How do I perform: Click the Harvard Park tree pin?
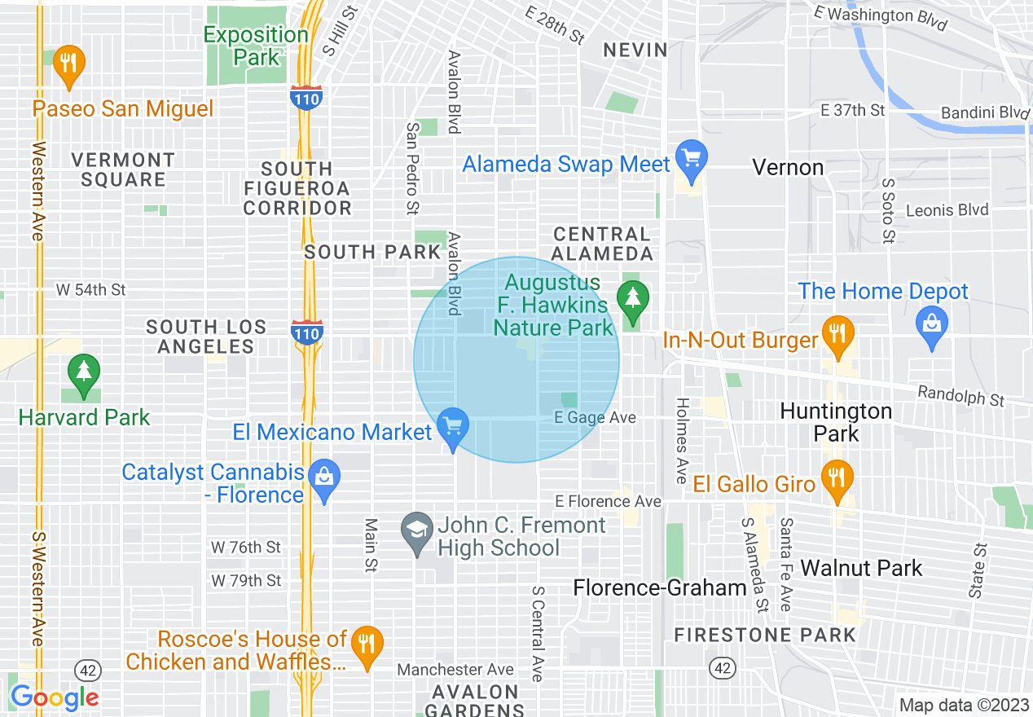(83, 375)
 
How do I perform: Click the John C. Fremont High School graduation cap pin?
(417, 531)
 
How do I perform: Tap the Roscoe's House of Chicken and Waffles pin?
(367, 644)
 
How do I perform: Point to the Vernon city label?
(788, 168)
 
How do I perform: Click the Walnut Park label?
(862, 568)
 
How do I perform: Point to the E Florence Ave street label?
(609, 501)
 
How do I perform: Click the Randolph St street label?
(961, 395)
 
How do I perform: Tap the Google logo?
(55, 697)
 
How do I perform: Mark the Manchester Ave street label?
(455, 670)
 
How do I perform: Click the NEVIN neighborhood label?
(635, 50)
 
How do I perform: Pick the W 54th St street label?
(91, 289)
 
